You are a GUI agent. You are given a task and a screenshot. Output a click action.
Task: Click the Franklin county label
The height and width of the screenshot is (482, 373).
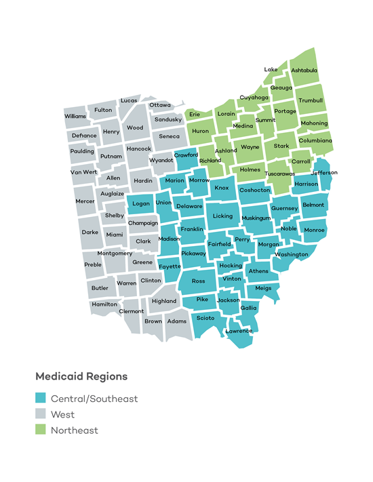click(192, 229)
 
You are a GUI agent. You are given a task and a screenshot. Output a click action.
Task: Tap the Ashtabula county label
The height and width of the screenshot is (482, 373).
click(304, 70)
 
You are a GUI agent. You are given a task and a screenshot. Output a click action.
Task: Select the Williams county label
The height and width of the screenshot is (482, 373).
click(75, 116)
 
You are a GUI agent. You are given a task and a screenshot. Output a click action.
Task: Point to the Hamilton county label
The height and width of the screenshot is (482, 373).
click(104, 304)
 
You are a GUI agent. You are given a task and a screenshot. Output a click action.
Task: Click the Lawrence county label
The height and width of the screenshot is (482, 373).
click(239, 330)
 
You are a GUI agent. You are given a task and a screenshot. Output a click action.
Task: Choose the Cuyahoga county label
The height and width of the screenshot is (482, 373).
click(254, 97)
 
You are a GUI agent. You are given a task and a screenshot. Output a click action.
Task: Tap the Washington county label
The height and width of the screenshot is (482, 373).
click(292, 254)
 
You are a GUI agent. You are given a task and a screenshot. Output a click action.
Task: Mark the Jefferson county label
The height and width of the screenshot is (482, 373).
click(323, 172)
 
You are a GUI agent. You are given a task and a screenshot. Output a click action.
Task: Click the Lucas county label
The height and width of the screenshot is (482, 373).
click(129, 100)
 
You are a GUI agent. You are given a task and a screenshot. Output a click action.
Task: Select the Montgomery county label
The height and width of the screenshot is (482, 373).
click(115, 253)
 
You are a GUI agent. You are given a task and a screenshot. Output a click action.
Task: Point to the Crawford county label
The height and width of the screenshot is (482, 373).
click(186, 155)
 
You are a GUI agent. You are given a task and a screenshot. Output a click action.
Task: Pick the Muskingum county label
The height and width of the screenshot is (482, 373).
click(256, 218)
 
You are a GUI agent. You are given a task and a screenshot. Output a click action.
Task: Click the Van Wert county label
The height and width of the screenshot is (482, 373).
click(83, 172)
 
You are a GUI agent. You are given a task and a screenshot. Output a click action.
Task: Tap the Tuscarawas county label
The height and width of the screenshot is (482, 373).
click(279, 174)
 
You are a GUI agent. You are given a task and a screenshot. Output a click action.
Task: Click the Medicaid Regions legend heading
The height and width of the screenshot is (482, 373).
click(81, 376)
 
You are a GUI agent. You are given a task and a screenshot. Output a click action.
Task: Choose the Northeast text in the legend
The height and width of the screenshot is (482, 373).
click(74, 430)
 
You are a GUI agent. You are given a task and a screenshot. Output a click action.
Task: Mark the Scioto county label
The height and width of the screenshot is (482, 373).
click(205, 318)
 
